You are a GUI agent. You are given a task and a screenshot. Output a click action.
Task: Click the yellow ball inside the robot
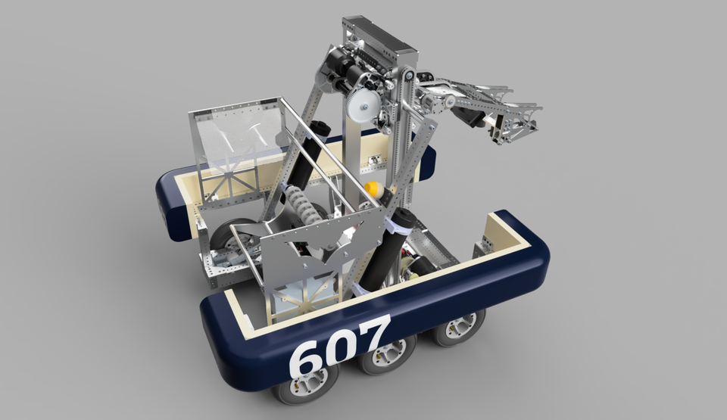pos(371,189)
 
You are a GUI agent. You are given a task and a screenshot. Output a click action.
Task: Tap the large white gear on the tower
pos(360,106)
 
